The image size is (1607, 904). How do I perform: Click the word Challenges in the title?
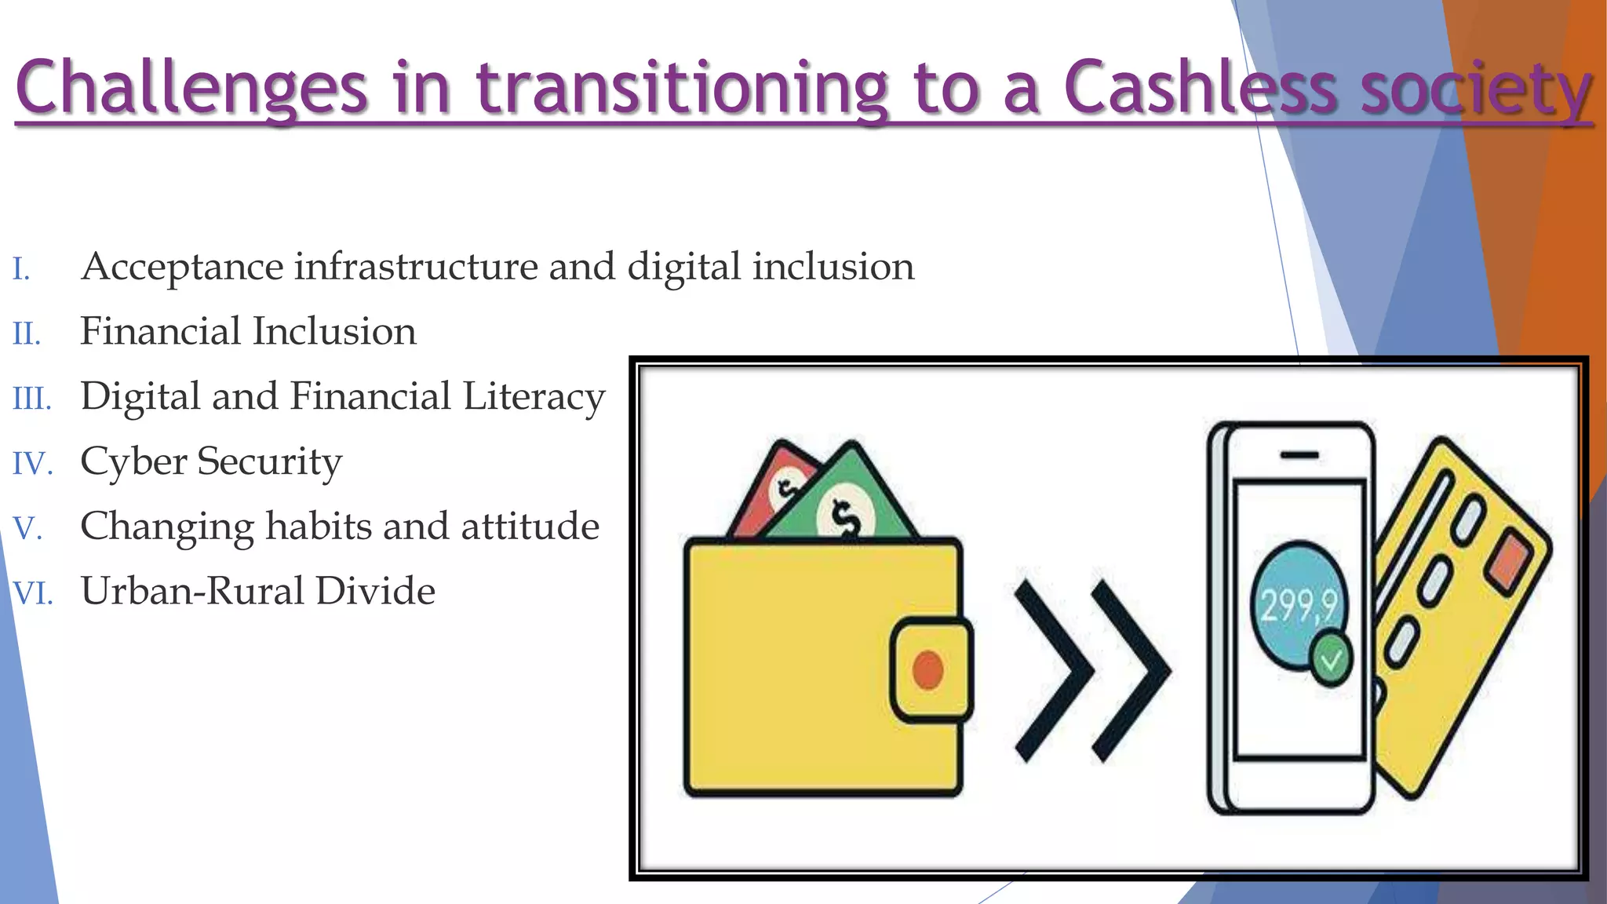(191, 88)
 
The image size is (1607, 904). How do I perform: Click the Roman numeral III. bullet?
(31, 399)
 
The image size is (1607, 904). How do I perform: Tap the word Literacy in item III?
(534, 397)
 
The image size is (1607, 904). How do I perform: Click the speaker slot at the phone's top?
(1299, 455)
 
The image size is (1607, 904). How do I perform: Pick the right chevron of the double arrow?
(1130, 671)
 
